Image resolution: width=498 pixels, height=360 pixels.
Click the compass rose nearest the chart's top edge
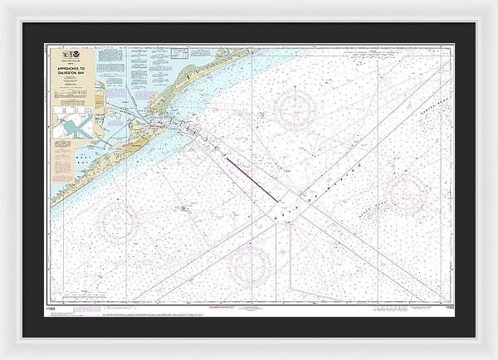[295, 109]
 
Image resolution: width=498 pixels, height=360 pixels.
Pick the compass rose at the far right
[406, 194]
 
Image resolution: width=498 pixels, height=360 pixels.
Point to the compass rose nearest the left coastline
[118, 222]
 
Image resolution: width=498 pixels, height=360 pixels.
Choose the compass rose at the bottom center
[250, 265]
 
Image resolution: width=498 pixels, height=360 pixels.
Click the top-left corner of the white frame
[3, 3]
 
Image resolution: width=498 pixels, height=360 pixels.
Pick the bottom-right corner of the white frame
[495, 357]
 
